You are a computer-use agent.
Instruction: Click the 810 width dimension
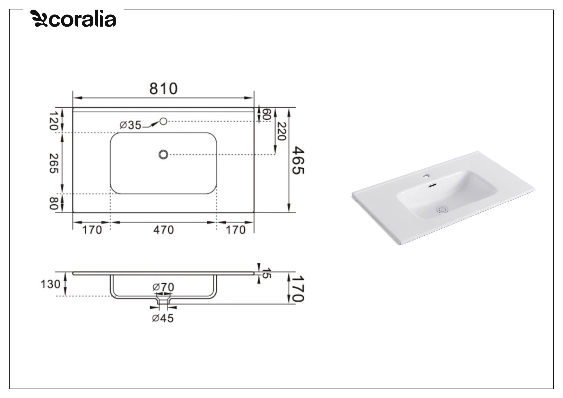pos(163,89)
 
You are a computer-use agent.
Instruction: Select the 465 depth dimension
pos(298,160)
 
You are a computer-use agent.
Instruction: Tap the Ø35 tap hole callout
pos(130,125)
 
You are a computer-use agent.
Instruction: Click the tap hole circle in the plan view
pos(163,121)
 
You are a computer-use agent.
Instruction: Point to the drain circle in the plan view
pos(163,155)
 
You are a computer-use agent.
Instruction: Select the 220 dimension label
pos(281,131)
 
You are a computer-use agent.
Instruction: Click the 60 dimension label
pos(267,114)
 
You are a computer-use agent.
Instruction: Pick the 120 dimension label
pos(53,121)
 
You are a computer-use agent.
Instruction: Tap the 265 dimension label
pos(53,163)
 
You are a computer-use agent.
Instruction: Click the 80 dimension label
pos(53,203)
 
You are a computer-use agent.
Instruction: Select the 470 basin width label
pos(163,230)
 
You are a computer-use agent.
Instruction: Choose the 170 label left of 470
pos(92,230)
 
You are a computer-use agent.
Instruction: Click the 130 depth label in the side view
pos(50,284)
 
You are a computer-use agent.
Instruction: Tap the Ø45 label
pos(163,318)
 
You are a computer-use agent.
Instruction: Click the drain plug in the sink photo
pos(442,210)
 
